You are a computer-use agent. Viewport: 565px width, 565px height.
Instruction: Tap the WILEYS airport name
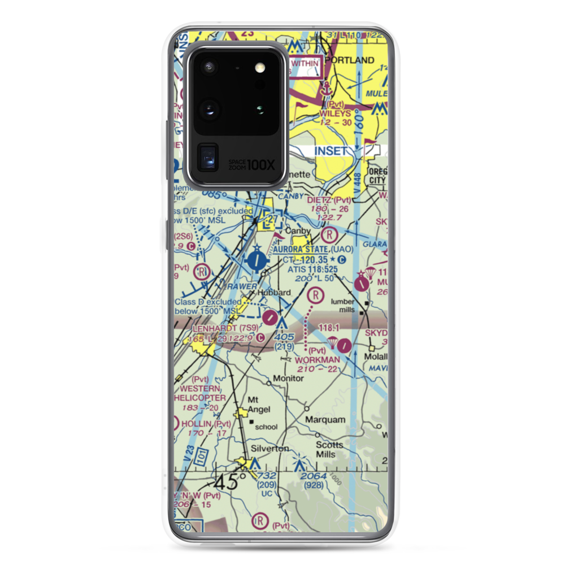point(335,113)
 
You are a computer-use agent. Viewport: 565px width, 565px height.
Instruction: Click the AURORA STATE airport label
point(301,249)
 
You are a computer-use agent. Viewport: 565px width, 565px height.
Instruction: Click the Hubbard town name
point(274,293)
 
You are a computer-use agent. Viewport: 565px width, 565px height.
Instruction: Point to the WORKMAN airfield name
point(318,359)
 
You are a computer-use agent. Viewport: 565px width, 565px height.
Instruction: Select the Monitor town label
point(289,378)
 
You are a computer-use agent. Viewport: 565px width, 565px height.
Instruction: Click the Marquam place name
point(325,420)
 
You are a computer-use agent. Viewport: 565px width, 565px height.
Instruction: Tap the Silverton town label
point(270,448)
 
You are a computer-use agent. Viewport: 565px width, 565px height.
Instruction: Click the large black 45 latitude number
point(227,482)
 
